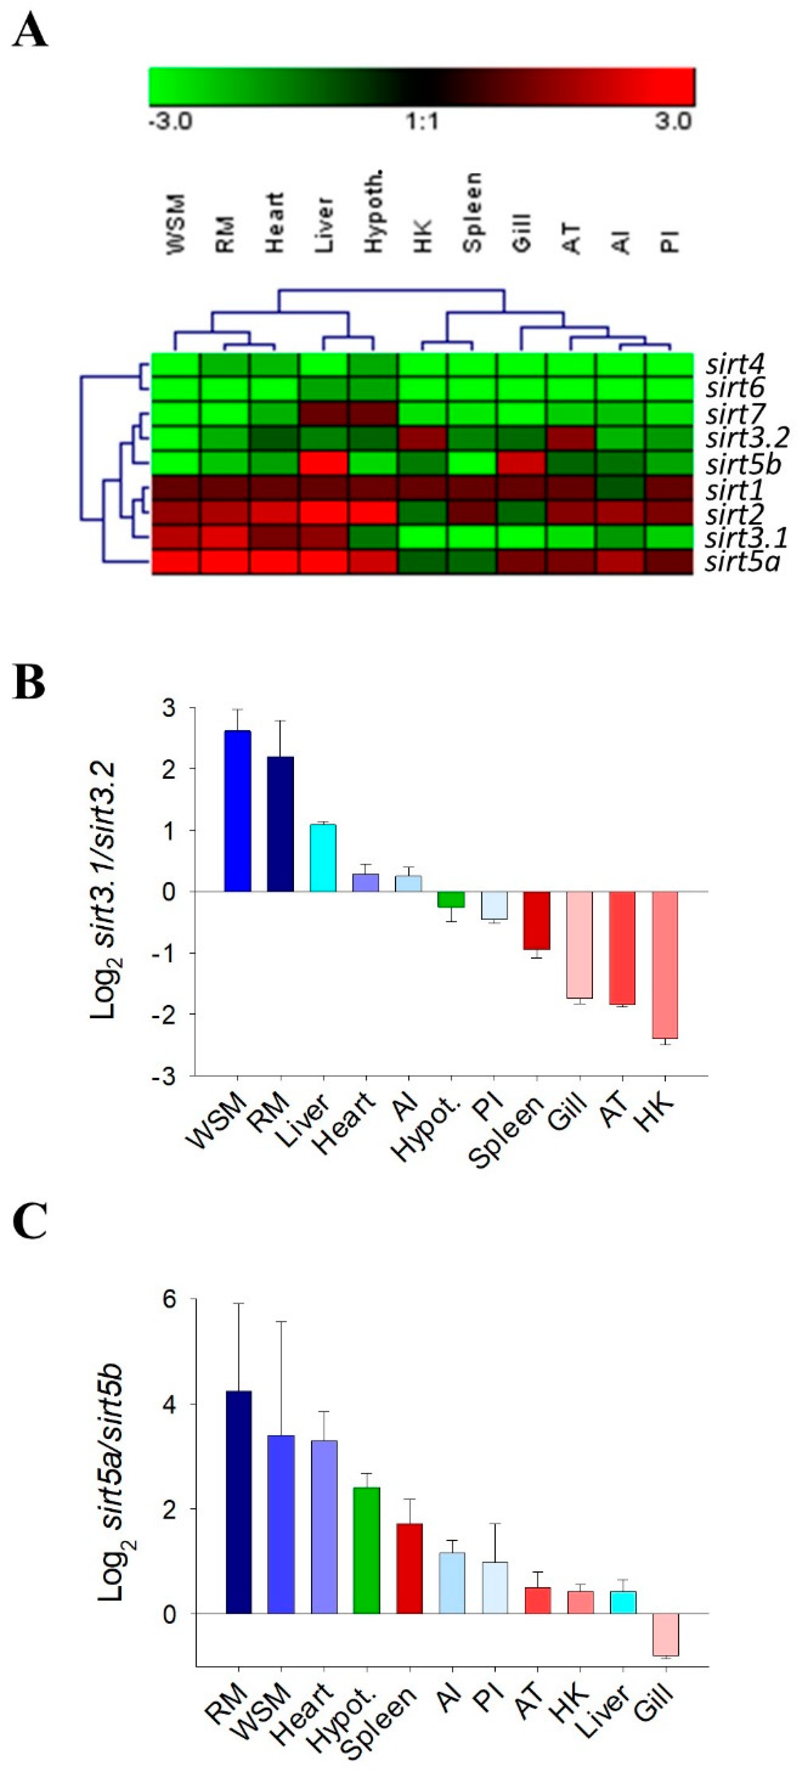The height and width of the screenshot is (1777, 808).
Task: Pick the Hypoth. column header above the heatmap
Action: [374, 213]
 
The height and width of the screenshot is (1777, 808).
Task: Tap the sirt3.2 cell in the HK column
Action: [423, 439]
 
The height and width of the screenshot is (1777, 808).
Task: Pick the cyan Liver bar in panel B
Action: [323, 857]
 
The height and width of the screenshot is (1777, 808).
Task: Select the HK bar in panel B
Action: [665, 964]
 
